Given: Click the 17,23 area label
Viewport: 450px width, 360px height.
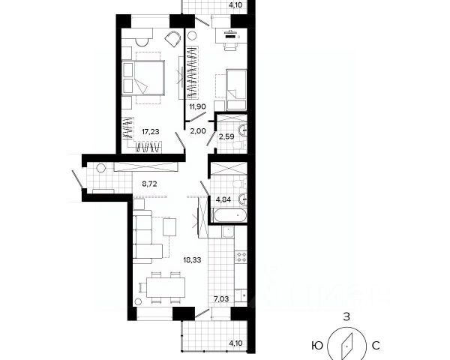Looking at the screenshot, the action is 151,132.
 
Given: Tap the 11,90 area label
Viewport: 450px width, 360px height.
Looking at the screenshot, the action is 198,106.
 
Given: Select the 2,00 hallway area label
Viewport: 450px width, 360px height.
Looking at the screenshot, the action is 198,131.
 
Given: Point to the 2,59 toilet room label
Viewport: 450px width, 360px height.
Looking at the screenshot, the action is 226,136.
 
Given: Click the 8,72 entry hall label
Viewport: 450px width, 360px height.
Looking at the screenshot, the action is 149,184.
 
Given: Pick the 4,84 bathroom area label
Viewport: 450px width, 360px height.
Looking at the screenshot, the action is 223,199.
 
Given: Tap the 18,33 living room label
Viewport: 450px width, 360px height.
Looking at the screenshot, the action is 193,260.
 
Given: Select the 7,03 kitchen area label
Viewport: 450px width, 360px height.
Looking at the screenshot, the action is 221,299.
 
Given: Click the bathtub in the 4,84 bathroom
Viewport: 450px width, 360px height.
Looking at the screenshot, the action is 229,215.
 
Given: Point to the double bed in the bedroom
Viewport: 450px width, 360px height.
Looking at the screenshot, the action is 143,77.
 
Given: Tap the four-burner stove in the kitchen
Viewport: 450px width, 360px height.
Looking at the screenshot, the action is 241,256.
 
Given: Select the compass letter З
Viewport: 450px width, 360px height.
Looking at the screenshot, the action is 346,317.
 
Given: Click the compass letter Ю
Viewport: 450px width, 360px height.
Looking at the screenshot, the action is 316,346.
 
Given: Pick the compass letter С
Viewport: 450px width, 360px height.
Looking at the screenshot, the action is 376,346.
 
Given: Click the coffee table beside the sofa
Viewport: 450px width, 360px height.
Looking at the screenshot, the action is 169,226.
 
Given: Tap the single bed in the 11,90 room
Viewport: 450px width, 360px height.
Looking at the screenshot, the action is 236,90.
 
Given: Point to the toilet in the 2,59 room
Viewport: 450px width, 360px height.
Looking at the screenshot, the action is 239,145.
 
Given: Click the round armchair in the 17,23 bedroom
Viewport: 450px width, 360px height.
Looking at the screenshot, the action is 172,38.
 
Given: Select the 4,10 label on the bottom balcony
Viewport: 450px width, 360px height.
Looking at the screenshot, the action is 236,343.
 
